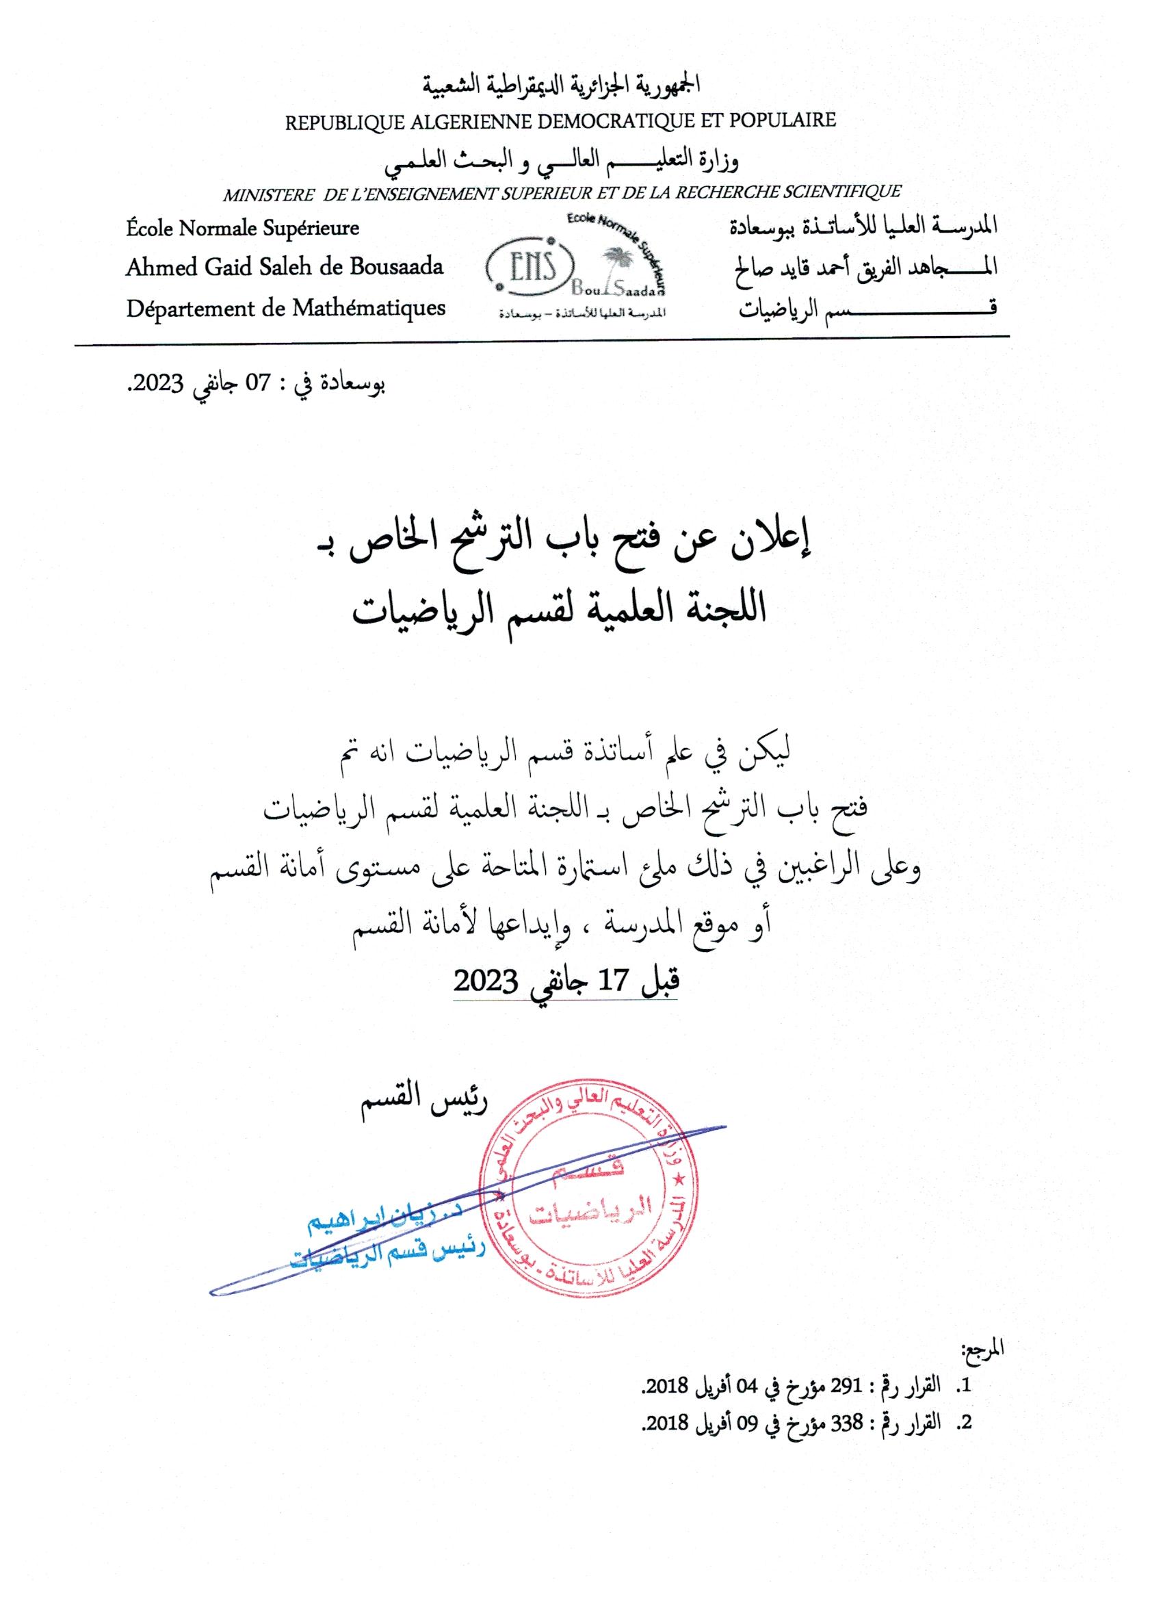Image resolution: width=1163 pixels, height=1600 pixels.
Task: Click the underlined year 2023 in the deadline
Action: click(x=486, y=981)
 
